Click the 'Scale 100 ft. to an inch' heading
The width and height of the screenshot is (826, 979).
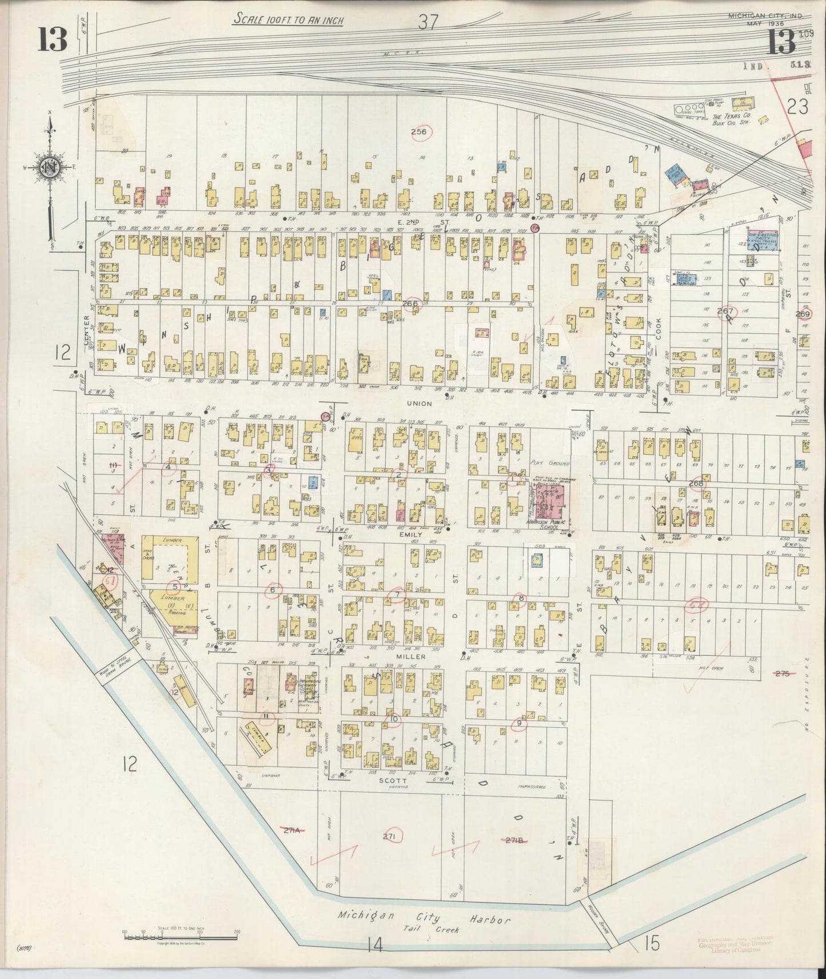pos(288,19)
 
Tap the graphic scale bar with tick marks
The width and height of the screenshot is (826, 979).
pos(179,934)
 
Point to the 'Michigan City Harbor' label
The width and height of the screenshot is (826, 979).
pos(423,918)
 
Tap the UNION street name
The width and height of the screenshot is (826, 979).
pos(419,403)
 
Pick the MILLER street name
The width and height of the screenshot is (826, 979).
pos(416,657)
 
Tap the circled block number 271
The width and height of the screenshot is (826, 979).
pos(390,836)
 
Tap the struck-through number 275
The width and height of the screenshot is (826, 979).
pos(781,674)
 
